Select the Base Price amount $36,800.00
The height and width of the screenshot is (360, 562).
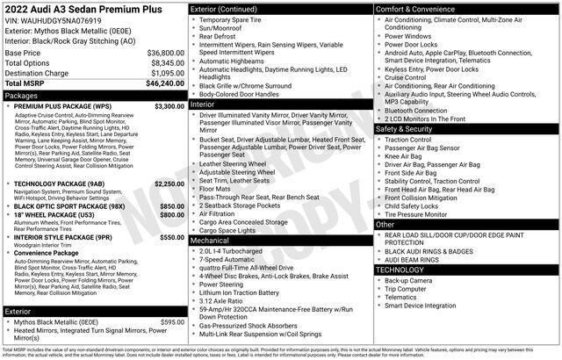coord(165,54)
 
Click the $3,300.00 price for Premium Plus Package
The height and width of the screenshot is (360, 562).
coord(169,106)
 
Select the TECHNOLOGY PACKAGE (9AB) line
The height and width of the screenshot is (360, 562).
coord(60,184)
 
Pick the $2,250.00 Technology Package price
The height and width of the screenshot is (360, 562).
coord(169,184)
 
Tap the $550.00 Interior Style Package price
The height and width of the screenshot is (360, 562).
coord(172,237)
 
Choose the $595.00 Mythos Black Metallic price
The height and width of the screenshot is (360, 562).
coord(172,322)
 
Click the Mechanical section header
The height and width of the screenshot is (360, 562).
coord(210,240)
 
